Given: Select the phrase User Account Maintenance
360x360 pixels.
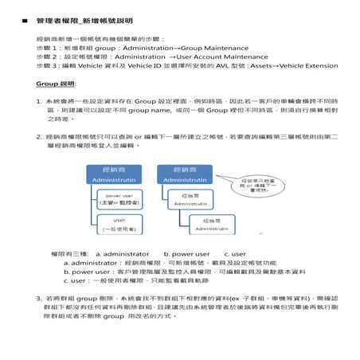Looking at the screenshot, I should coord(223,57).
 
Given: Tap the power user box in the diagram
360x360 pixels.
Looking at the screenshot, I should coord(119,198).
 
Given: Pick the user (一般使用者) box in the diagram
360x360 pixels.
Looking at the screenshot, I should coord(119,223).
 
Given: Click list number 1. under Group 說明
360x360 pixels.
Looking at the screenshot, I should coord(39,101).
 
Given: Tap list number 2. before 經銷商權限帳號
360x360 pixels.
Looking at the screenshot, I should coord(39,137).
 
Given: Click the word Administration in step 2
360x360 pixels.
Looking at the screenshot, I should coord(140,57).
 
